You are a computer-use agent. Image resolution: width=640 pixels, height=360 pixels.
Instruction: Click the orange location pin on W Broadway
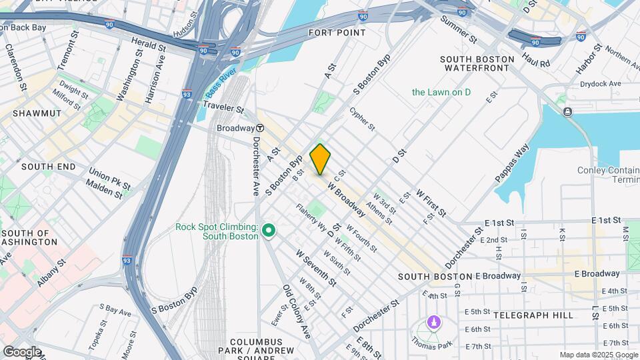(x=320, y=159)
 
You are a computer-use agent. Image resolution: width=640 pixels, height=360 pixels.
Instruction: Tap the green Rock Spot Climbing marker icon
(x=269, y=231)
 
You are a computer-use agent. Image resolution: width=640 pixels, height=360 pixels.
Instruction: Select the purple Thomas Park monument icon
(x=434, y=323)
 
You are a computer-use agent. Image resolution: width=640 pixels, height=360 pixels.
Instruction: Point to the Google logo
(x=23, y=351)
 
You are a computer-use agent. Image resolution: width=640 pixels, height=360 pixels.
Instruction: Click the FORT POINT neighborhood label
(x=337, y=32)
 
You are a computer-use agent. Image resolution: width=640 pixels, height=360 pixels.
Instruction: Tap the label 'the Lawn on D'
(x=441, y=92)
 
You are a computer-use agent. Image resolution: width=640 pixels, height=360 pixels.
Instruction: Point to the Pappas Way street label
(x=512, y=163)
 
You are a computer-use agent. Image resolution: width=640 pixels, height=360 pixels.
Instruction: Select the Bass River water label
(x=217, y=88)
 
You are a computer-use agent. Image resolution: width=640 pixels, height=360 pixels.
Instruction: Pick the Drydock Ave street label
(x=600, y=83)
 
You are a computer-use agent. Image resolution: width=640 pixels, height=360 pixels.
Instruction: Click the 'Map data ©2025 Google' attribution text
(x=597, y=355)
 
